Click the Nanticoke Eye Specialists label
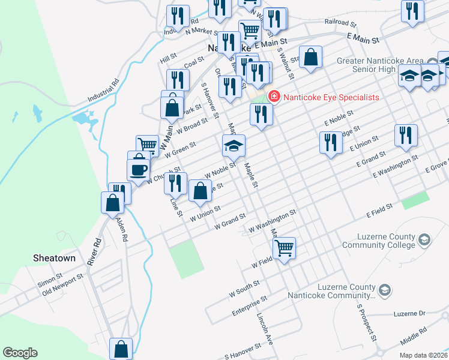331,97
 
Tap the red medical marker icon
274,96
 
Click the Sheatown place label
54,258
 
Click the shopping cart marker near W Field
284,247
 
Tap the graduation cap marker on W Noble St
234,145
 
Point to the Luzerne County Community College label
378,241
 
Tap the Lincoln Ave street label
265,329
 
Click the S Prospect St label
367,322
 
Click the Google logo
20,353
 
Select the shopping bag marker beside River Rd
113,202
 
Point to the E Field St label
380,209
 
